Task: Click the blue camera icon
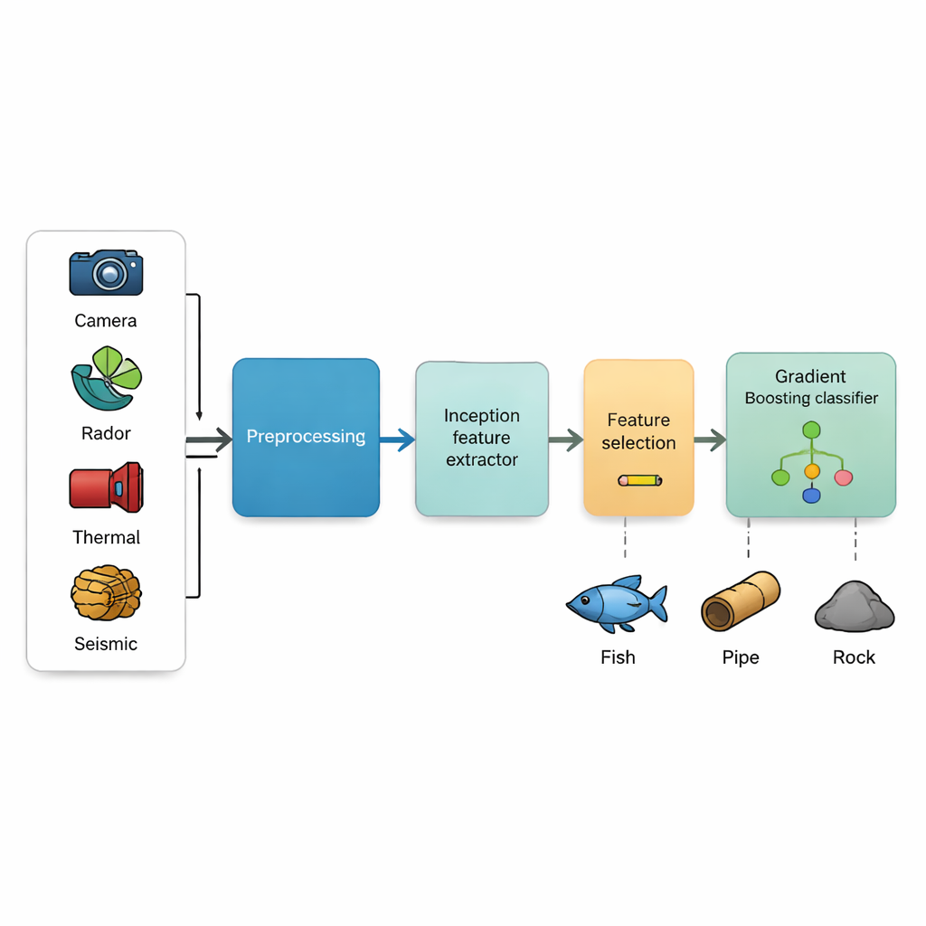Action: [x=106, y=272]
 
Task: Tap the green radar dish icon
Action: [x=106, y=379]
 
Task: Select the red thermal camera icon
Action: [x=106, y=487]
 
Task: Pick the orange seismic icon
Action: [x=106, y=592]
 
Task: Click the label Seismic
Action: [x=106, y=644]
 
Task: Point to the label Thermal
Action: [x=106, y=537]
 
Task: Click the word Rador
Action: [x=106, y=433]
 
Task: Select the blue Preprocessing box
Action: [x=306, y=438]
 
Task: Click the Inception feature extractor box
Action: [x=482, y=439]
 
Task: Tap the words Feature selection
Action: [x=638, y=431]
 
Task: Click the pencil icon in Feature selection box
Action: [x=639, y=480]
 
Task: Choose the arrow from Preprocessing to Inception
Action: [x=397, y=440]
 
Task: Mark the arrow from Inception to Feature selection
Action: [x=566, y=440]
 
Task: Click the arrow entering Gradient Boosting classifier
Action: [x=710, y=440]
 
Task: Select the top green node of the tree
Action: [x=811, y=430]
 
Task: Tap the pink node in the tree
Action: [x=844, y=477]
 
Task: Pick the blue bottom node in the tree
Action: [x=811, y=495]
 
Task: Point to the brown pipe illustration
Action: [x=741, y=601]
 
